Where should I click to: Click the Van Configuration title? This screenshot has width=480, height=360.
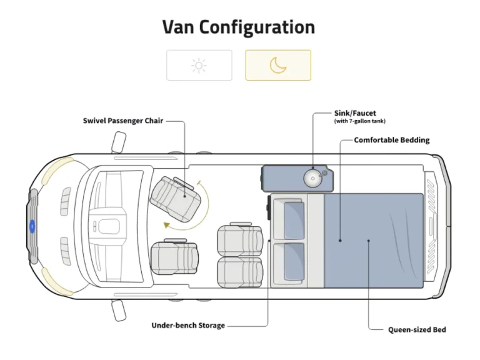[239, 27]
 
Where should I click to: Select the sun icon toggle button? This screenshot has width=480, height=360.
[199, 65]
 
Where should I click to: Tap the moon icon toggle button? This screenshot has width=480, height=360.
[277, 65]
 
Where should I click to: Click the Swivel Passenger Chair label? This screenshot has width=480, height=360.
[123, 121]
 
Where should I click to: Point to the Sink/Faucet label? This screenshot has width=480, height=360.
[355, 114]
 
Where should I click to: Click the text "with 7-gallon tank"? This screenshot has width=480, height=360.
[360, 121]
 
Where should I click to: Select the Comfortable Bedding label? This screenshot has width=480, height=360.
[392, 140]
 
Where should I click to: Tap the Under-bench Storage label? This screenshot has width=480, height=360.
[188, 326]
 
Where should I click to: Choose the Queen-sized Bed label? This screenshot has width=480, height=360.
[417, 329]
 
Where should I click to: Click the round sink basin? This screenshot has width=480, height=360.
[312, 178]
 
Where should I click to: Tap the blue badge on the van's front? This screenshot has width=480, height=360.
[32, 226]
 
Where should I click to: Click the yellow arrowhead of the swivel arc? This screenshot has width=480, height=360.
[166, 225]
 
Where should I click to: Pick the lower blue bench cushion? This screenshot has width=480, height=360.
[294, 261]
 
